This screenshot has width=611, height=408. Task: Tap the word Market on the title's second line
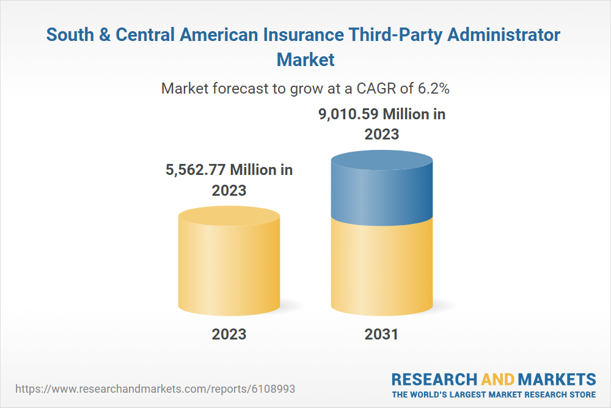tap(305, 60)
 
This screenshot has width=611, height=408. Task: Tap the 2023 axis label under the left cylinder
tap(229, 334)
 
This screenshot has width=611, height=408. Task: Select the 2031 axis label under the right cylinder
tap(381, 334)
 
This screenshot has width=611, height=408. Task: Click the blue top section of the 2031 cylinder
tap(382, 190)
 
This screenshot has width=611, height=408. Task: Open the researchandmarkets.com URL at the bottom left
tap(158, 388)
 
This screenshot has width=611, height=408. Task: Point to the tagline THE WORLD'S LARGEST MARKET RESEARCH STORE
tap(494, 394)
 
